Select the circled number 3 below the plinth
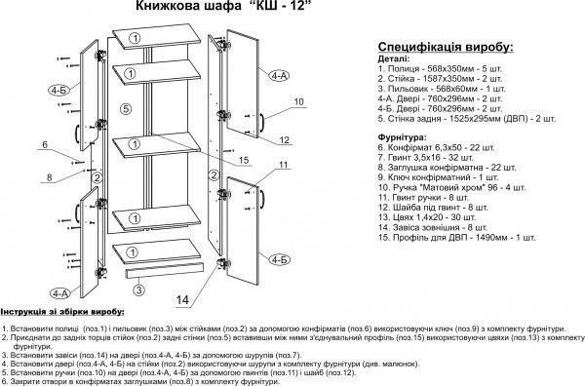139,289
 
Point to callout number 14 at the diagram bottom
182,299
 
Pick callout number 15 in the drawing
242,160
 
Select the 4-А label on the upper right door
279,75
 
